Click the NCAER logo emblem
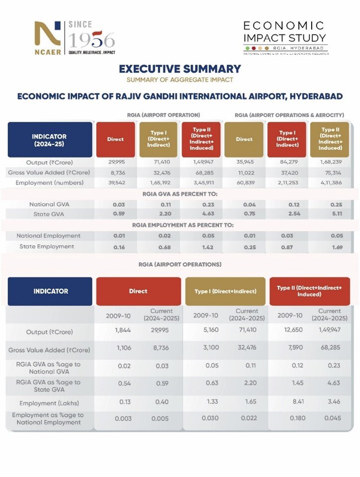[47, 36]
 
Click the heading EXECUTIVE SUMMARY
[180, 69]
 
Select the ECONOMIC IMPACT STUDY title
[284, 31]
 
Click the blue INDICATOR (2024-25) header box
[49, 140]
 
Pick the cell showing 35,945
[244, 163]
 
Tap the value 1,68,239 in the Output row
[327, 163]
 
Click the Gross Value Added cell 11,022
[244, 173]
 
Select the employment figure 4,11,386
[327, 183]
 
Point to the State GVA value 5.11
[327, 214]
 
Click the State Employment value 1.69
[327, 247]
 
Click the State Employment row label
[47, 247]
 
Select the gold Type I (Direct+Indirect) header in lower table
[225, 291]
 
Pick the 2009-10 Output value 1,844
[122, 330]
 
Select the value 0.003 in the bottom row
[123, 419]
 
